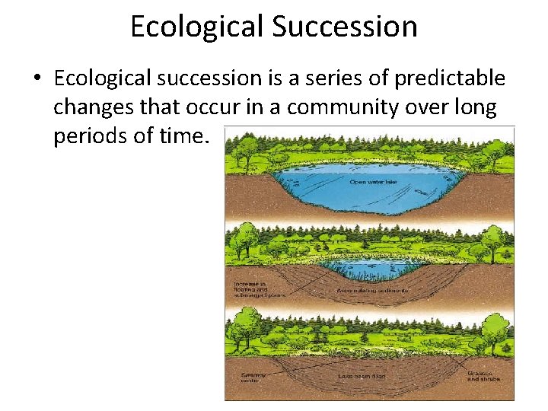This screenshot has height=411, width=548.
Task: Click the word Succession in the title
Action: pos(345,27)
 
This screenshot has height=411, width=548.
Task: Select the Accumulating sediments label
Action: pos(373,291)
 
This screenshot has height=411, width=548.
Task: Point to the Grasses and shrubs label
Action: pos(482,375)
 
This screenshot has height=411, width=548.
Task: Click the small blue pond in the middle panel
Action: pos(368,266)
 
